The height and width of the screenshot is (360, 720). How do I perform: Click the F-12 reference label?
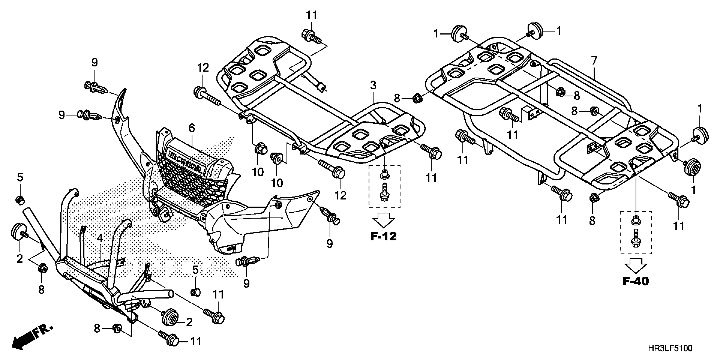click(x=383, y=237)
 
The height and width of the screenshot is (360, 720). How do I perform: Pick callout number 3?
click(x=373, y=85)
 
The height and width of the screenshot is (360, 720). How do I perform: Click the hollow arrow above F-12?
click(x=384, y=220)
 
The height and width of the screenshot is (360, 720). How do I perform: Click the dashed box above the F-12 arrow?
click(x=384, y=186)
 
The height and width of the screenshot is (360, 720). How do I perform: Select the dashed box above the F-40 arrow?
click(x=636, y=233)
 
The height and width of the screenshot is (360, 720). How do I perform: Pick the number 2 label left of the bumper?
click(x=19, y=259)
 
